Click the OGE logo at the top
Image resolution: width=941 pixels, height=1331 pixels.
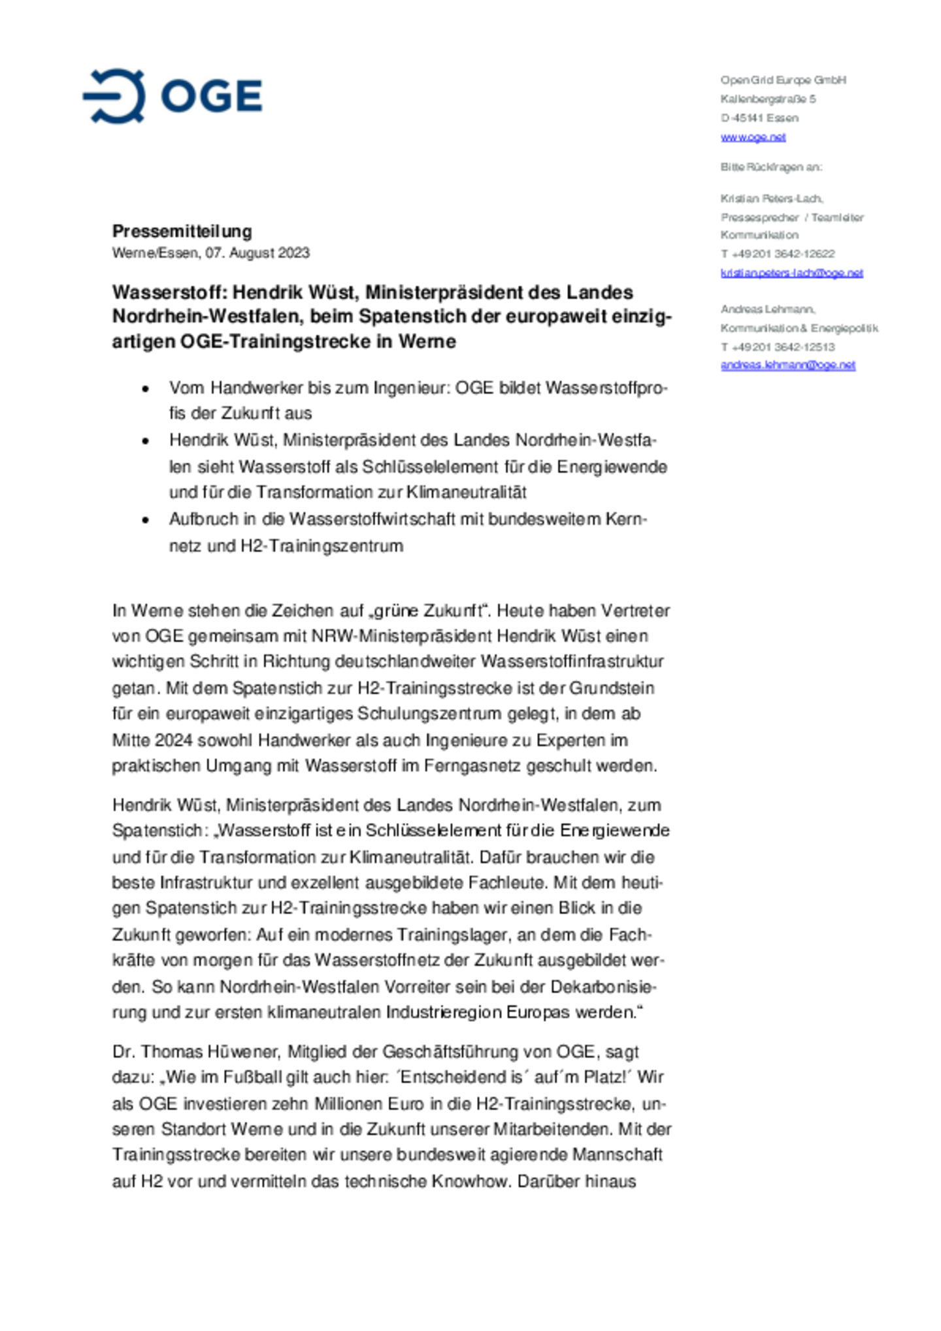pyautogui.click(x=173, y=96)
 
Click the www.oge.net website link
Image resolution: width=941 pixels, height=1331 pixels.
pyautogui.click(x=753, y=137)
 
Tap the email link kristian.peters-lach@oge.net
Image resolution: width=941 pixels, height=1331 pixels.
pyautogui.click(x=791, y=273)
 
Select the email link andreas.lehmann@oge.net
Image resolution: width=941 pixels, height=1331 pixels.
pyautogui.click(x=787, y=365)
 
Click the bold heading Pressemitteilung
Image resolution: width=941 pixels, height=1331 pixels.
pyautogui.click(x=182, y=231)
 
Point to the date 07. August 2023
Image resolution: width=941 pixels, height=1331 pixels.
pyautogui.click(x=257, y=253)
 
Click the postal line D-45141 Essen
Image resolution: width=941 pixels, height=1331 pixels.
pyautogui.click(x=759, y=118)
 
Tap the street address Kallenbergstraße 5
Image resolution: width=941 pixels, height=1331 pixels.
pyautogui.click(x=768, y=99)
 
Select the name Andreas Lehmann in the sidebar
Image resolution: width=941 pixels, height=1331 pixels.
pyautogui.click(x=768, y=309)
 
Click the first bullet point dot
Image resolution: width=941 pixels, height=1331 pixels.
pyautogui.click(x=146, y=389)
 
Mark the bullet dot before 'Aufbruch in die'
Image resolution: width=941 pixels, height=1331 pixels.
pyautogui.click(x=146, y=521)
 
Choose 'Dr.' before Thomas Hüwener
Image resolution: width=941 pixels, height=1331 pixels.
pyautogui.click(x=123, y=1052)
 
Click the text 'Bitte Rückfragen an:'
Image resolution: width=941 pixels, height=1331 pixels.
pyautogui.click(x=771, y=167)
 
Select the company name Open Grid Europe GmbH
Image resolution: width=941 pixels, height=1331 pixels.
pyautogui.click(x=783, y=80)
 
